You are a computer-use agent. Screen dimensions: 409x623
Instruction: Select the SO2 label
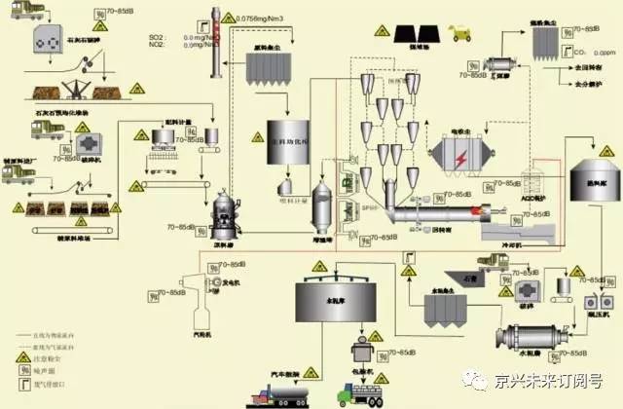(x=165, y=36)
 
